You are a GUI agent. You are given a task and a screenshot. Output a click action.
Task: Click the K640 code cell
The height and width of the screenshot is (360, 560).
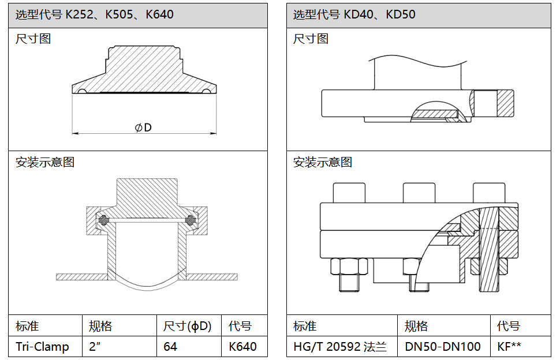click(243, 346)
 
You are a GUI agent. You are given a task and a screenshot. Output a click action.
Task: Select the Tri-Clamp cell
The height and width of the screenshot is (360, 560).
click(42, 346)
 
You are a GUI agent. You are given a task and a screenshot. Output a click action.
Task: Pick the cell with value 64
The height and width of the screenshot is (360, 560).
click(170, 346)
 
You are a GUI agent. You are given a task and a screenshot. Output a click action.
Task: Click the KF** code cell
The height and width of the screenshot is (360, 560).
click(509, 346)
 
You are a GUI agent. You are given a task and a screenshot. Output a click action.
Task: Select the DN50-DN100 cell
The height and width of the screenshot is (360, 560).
click(443, 346)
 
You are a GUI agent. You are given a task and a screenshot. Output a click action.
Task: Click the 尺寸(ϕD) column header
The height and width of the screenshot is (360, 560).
click(188, 326)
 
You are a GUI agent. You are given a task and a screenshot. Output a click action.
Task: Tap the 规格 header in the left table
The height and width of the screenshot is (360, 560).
click(100, 326)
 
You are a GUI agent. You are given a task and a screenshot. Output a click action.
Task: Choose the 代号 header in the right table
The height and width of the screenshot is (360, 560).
click(509, 326)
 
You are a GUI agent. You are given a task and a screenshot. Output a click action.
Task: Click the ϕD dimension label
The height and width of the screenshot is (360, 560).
click(143, 127)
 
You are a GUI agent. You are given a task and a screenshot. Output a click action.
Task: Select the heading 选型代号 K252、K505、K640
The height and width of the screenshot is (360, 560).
click(95, 14)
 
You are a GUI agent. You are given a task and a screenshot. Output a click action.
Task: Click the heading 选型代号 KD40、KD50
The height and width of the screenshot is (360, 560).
click(354, 14)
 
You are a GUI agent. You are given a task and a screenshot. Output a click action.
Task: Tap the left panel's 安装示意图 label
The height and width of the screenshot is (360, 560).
click(45, 162)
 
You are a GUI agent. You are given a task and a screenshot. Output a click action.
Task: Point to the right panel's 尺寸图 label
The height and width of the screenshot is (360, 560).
click(311, 39)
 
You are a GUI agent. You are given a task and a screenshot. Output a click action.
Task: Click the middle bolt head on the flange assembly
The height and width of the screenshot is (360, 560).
click(419, 192)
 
